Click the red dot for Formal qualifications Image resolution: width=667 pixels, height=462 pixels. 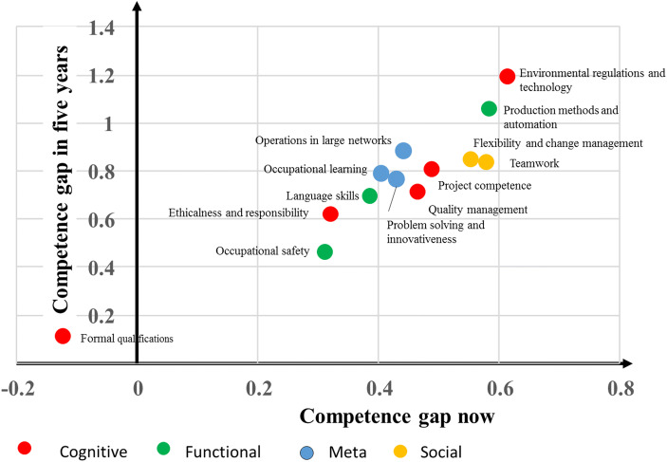[x=64, y=336]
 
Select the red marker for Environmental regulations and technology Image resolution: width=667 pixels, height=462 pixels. [x=508, y=76]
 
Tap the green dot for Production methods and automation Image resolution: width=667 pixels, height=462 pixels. [x=490, y=109]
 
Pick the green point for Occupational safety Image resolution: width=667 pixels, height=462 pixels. [x=324, y=251]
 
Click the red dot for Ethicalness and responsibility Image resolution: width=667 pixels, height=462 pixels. [x=330, y=213]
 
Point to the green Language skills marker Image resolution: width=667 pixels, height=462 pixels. [x=370, y=196]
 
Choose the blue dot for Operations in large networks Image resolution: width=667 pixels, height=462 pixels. [x=403, y=151]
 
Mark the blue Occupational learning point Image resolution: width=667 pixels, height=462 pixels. [x=380, y=174]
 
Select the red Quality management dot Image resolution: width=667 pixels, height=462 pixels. [x=417, y=192]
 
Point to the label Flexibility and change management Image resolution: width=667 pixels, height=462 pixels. [x=558, y=143]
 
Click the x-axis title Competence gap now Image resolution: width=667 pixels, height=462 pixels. [x=382, y=416]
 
